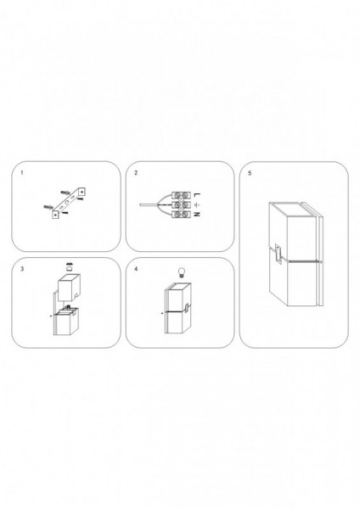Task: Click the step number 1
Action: [22, 173]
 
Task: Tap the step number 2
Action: [136, 173]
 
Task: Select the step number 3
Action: [22, 269]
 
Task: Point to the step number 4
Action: [136, 269]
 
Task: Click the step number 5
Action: [250, 173]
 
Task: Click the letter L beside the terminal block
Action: [197, 195]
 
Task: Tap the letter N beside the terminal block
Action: [197, 215]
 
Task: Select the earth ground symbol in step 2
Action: [197, 204]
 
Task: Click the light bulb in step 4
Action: [181, 271]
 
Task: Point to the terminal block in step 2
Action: [181, 204]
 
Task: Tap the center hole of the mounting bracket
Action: [67, 202]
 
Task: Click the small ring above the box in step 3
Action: [69, 269]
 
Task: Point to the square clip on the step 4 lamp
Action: [187, 309]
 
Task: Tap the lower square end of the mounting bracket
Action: [55, 215]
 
